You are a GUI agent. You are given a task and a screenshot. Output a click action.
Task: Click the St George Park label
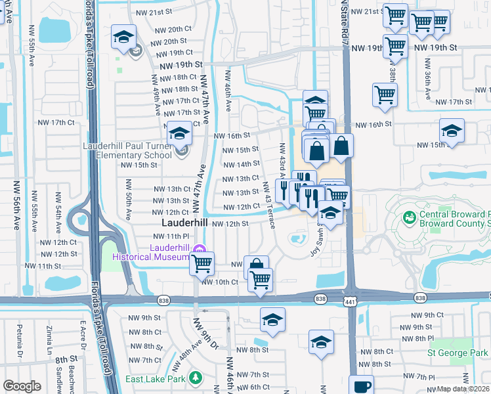click(x=458, y=353)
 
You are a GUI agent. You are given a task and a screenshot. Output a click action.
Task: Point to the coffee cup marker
click(x=361, y=385)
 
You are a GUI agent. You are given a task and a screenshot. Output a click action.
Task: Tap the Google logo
click(x=22, y=386)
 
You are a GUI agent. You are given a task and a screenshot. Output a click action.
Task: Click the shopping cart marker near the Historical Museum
click(x=202, y=263)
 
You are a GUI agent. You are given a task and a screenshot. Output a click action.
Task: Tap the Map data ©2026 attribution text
click(x=463, y=389)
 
